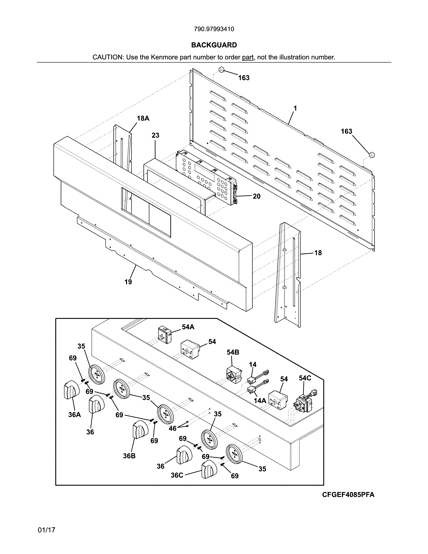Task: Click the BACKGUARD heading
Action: pyautogui.click(x=214, y=45)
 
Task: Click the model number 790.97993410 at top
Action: pyautogui.click(x=214, y=29)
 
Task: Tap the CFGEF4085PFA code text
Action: pyautogui.click(x=348, y=495)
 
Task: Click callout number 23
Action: pyautogui.click(x=155, y=135)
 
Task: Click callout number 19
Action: pyautogui.click(x=128, y=282)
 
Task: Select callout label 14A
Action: pyautogui.click(x=260, y=401)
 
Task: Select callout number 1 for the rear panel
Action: pyautogui.click(x=295, y=108)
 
